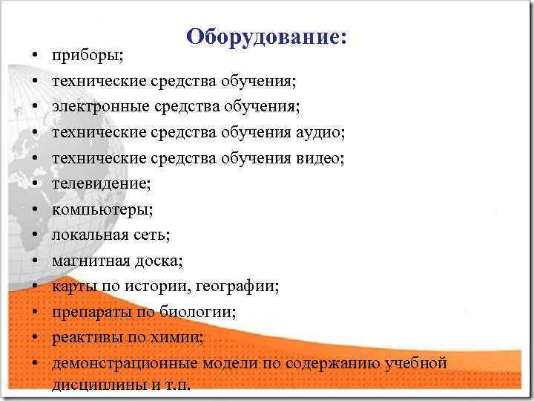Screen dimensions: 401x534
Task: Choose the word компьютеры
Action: click(x=102, y=209)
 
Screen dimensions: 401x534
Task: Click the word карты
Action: click(x=72, y=287)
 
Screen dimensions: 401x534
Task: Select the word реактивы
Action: click(x=85, y=338)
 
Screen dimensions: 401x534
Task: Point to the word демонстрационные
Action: click(x=124, y=363)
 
